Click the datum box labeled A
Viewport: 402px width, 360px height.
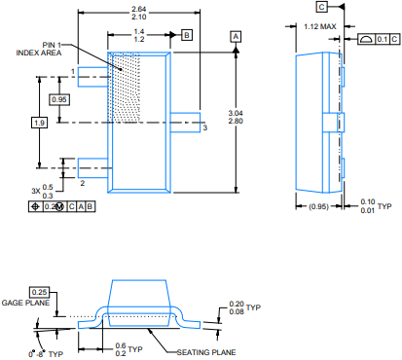coord(236,37)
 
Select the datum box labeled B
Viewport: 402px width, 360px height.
coord(187,35)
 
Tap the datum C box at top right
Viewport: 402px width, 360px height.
coord(322,7)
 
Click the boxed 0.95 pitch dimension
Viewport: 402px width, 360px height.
coord(59,99)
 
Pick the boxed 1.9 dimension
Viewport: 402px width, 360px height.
coord(39,123)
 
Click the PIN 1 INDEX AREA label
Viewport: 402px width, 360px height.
coord(39,49)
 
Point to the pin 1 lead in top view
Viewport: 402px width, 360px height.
coord(92,77)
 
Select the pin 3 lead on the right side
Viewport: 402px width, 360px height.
coord(185,123)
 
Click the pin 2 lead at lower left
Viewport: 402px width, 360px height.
coord(92,168)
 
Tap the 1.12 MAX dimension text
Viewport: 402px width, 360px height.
coord(320,26)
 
